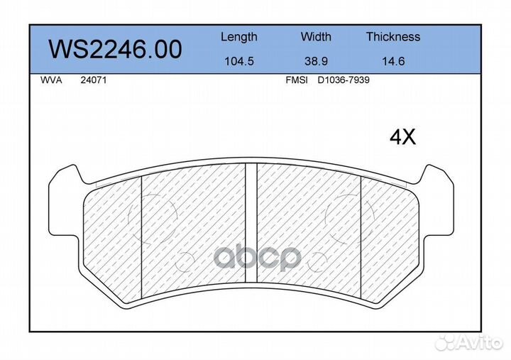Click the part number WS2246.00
pyautogui.click(x=115, y=49)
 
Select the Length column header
pyautogui.click(x=239, y=37)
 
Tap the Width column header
pyautogui.click(x=316, y=36)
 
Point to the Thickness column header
pyautogui.click(x=393, y=36)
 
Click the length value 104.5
pyautogui.click(x=239, y=61)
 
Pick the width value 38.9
pyautogui.click(x=316, y=61)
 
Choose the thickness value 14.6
pyautogui.click(x=393, y=61)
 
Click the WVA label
pyautogui.click(x=51, y=80)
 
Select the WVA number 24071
pyautogui.click(x=94, y=80)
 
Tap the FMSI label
pyautogui.click(x=297, y=80)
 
